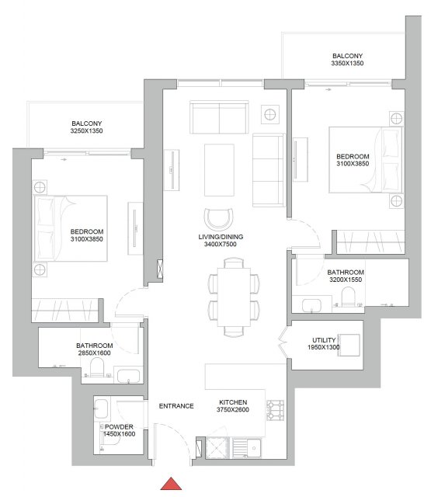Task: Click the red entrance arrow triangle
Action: (171, 484)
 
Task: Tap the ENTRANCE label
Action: (176, 406)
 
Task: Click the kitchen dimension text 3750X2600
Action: (233, 409)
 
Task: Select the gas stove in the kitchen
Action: (275, 411)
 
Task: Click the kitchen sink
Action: (247, 448)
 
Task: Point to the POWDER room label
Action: (119, 427)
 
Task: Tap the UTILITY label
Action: (324, 340)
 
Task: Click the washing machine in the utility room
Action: (349, 345)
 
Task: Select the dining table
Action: (234, 297)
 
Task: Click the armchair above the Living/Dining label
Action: (219, 219)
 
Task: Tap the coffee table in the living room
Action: (219, 170)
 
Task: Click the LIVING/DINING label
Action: (221, 237)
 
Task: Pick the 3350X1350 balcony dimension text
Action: (347, 63)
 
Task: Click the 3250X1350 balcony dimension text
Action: (86, 131)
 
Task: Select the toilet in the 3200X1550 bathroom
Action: (348, 297)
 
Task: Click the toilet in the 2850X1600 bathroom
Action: (96, 367)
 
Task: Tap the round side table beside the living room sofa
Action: (270, 114)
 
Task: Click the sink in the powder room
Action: (101, 409)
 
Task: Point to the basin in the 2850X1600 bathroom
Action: (128, 376)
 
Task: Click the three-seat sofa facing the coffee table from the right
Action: (269, 170)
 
